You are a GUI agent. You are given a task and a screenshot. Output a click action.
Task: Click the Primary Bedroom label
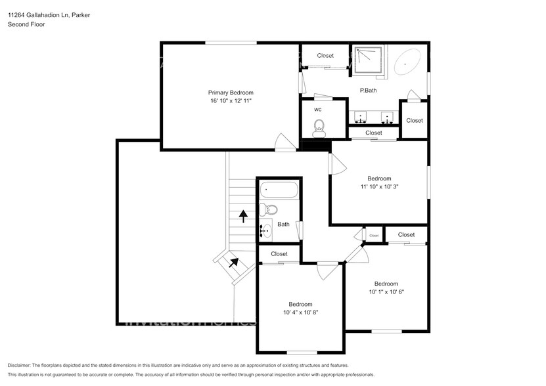[x=231, y=93]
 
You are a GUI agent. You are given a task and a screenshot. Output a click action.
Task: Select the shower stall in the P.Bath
[x=368, y=61]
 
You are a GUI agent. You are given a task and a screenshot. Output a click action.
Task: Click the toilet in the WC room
[x=320, y=127]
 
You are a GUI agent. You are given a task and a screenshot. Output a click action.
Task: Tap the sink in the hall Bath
[x=265, y=230]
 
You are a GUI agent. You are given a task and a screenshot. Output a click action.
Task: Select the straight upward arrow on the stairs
[x=243, y=216]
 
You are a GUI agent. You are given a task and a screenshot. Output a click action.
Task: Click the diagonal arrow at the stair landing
[x=234, y=262]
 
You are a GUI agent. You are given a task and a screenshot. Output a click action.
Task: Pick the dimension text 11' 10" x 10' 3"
[x=379, y=187]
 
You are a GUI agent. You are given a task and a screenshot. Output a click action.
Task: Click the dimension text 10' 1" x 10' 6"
[x=386, y=292]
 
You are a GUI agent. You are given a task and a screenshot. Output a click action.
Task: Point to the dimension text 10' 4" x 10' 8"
[x=300, y=312]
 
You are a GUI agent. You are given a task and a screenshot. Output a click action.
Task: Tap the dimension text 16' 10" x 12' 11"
[x=231, y=102]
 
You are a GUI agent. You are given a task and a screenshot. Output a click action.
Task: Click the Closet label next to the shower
[x=325, y=56]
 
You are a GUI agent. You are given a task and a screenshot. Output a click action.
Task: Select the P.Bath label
[x=367, y=91]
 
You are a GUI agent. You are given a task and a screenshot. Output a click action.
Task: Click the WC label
[x=318, y=109]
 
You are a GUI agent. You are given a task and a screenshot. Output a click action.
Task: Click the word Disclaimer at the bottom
[x=23, y=365]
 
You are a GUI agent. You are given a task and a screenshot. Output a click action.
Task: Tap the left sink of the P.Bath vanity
[x=361, y=119]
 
